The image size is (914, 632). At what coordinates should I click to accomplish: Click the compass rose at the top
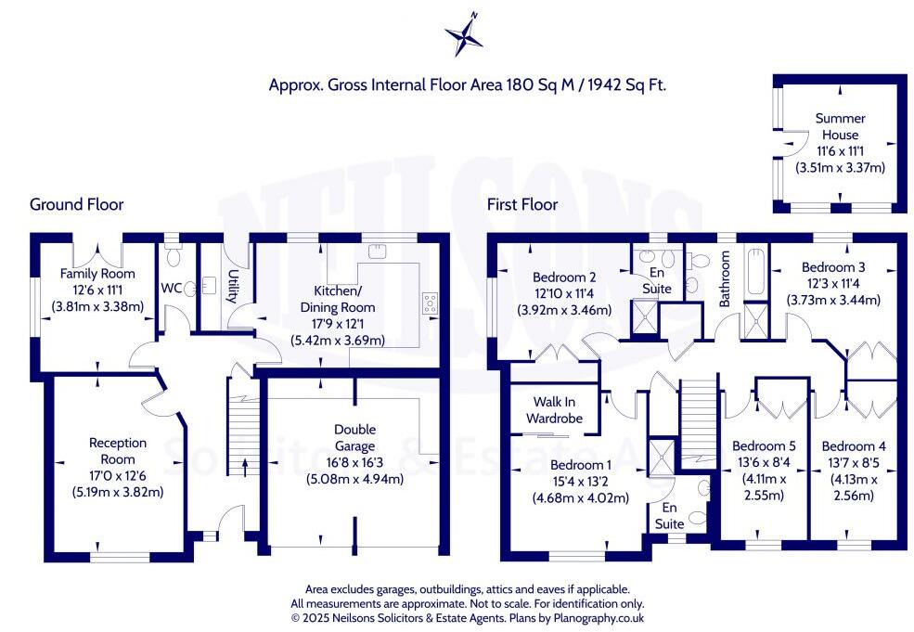[463, 34]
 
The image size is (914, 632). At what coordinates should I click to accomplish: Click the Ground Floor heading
[76, 204]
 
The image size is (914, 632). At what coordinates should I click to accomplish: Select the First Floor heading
[522, 204]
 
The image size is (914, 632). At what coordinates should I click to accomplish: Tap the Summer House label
[840, 126]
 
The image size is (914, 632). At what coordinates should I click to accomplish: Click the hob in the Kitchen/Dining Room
[431, 300]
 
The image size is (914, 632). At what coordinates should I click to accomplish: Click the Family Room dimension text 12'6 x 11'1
[97, 290]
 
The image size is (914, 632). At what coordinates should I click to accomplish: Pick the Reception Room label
[111, 451]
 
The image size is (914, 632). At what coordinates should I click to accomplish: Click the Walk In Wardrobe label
[557, 410]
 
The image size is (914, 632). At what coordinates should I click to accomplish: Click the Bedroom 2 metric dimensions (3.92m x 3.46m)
[564, 310]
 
